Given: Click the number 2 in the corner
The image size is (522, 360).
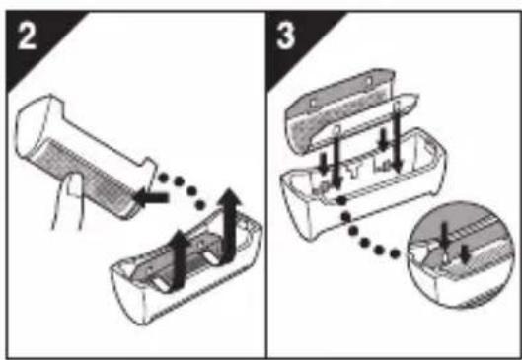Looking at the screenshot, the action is coord(27,36).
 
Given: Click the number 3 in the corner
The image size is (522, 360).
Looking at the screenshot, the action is coord(285,36).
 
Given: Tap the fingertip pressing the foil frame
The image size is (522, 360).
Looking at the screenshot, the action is coord(75,185).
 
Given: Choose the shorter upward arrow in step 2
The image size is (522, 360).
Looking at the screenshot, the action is coord(179,258).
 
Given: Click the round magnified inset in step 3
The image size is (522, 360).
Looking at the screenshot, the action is coord(461,254).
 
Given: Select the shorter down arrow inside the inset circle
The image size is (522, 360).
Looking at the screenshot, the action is coord(466,254).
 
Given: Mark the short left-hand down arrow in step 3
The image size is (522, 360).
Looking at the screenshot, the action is coord(323,163).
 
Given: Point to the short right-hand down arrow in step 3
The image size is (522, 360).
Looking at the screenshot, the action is coord(384,139).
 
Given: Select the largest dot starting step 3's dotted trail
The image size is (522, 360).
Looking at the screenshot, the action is coord(340,200).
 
